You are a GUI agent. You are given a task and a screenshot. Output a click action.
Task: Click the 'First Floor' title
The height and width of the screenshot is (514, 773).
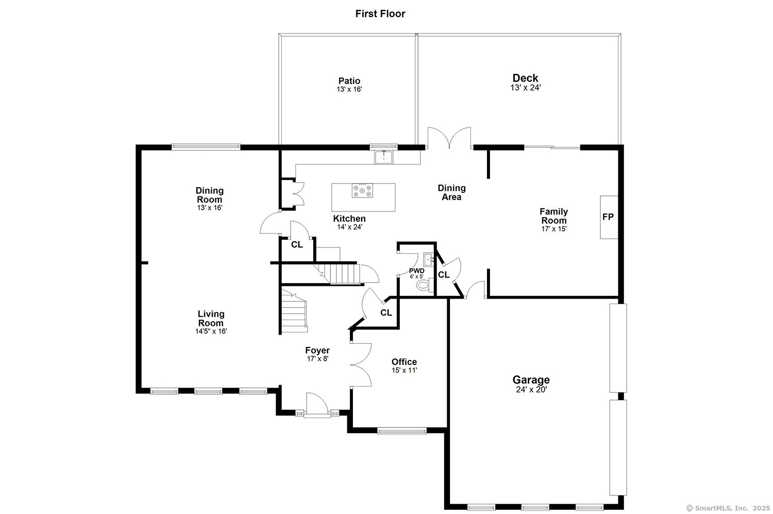pos(380,14)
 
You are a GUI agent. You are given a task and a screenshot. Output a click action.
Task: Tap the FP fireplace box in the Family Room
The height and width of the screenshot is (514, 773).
pos(609,217)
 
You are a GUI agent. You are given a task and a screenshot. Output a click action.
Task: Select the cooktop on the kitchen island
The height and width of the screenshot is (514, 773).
pos(363,191)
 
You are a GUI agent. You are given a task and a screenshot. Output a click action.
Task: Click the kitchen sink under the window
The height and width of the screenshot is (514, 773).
pos(383,157)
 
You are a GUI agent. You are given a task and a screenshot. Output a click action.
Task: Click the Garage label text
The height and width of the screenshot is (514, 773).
pos(531,380)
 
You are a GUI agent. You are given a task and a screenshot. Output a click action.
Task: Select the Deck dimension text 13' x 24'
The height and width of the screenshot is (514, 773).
pos(525,88)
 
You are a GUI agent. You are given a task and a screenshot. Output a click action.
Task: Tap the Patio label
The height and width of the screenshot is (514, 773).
pos(349,81)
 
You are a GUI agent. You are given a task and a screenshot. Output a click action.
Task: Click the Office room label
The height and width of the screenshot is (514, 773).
pos(404,362)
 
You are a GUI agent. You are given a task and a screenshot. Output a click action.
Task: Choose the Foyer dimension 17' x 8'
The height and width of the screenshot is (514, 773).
pos(317,359)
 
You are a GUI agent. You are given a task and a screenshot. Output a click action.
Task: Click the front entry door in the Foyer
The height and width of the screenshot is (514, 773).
pos(317,405)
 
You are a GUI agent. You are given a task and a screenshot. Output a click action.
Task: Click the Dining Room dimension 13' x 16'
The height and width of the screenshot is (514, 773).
pos(209,208)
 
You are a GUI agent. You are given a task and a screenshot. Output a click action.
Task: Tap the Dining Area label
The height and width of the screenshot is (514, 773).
pos(451,192)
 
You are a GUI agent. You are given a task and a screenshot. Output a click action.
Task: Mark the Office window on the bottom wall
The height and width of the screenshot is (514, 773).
pos(402,430)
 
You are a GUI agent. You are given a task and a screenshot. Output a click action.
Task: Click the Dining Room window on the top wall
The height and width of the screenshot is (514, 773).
pos(206,147)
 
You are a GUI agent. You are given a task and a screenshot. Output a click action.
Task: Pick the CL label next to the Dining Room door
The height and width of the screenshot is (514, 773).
pos(297,245)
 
